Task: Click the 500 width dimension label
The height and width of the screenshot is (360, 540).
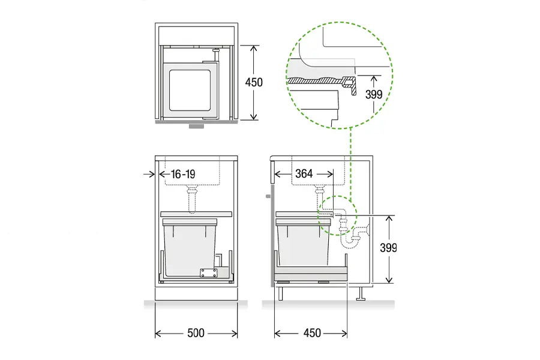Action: [196, 333]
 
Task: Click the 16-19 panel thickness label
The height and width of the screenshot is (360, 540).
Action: [183, 174]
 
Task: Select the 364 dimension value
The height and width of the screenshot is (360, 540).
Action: [304, 173]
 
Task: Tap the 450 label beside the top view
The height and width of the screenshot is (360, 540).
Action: [254, 82]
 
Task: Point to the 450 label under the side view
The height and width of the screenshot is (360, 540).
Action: [312, 333]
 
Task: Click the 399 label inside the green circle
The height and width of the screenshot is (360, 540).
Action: [374, 94]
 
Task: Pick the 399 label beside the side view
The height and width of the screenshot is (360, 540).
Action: [388, 248]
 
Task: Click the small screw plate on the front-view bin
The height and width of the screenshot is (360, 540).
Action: [209, 273]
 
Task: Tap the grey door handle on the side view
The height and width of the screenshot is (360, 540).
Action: [269, 196]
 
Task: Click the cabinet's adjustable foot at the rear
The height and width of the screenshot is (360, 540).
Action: [361, 294]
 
